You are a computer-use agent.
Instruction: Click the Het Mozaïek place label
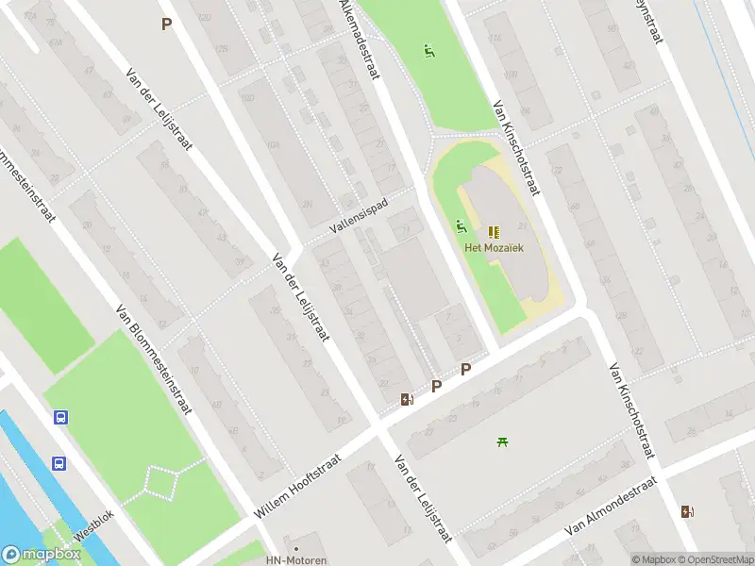(x=494, y=248)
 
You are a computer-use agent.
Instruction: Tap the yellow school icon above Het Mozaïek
(x=494, y=232)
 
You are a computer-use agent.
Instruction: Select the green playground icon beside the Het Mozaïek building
(x=461, y=225)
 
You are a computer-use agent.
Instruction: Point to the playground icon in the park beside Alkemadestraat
(x=429, y=51)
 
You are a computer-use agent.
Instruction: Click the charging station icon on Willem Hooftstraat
(x=406, y=399)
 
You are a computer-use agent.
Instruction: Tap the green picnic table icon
(x=502, y=441)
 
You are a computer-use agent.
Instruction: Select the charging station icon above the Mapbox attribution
(x=686, y=512)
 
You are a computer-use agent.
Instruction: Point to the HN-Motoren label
(x=295, y=560)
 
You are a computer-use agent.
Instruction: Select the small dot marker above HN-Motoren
(x=295, y=547)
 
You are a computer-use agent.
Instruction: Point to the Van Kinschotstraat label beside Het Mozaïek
(x=515, y=149)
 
